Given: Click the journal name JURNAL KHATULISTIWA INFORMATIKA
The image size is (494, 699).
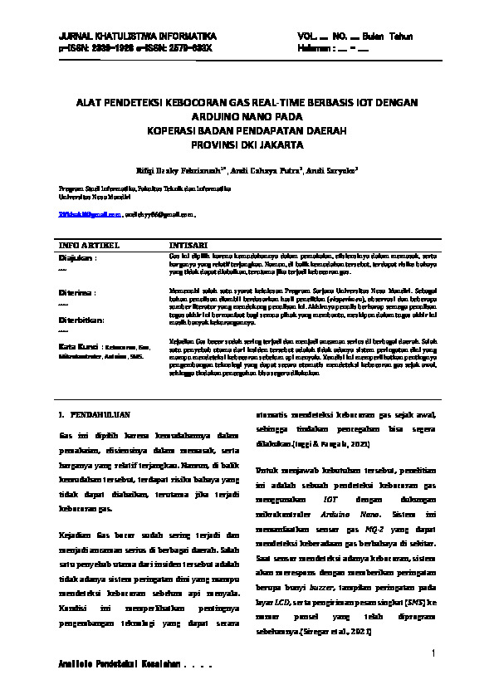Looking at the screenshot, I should (x=137, y=37).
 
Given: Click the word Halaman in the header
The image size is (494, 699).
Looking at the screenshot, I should (x=314, y=48).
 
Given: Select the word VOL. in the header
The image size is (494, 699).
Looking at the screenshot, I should (x=306, y=37).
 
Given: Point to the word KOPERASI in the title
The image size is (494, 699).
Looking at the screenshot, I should (x=174, y=131).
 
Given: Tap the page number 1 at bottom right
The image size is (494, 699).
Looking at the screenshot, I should (x=433, y=655).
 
